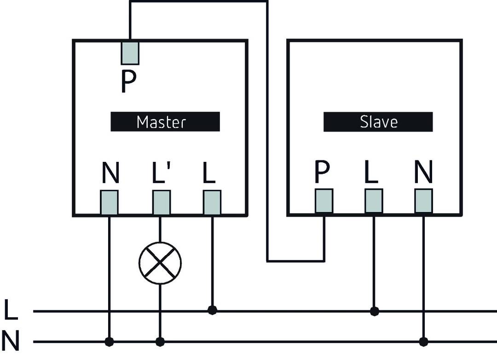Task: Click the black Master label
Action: coord(165,122)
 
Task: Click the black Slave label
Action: coord(378,122)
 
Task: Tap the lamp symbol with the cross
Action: coord(160,263)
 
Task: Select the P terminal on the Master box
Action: coord(130,52)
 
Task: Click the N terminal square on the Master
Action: coord(110,202)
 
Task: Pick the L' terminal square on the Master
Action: coord(161,202)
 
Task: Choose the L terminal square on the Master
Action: coord(212,202)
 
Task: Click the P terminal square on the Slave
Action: coord(324,201)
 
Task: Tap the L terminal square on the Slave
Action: coord(374,201)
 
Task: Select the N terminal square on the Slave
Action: coord(423,201)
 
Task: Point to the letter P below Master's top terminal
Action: coord(129,82)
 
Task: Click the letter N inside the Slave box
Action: coord(423,172)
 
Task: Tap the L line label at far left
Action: coord(11,310)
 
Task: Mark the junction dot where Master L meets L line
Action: coord(212,310)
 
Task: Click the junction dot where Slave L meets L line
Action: coord(374,311)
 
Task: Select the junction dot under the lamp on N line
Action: coord(160,342)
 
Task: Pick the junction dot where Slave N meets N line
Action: coord(423,342)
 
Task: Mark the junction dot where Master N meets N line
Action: coord(109,342)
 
